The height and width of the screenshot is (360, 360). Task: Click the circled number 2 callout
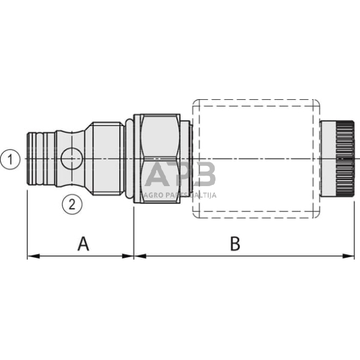[72, 203]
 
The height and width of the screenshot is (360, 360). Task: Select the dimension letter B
[234, 244]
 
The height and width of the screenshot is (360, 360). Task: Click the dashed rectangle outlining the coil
[257, 100]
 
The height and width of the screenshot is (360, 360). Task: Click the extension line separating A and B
[133, 227]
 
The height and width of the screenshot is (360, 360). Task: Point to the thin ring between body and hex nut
[129, 159]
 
